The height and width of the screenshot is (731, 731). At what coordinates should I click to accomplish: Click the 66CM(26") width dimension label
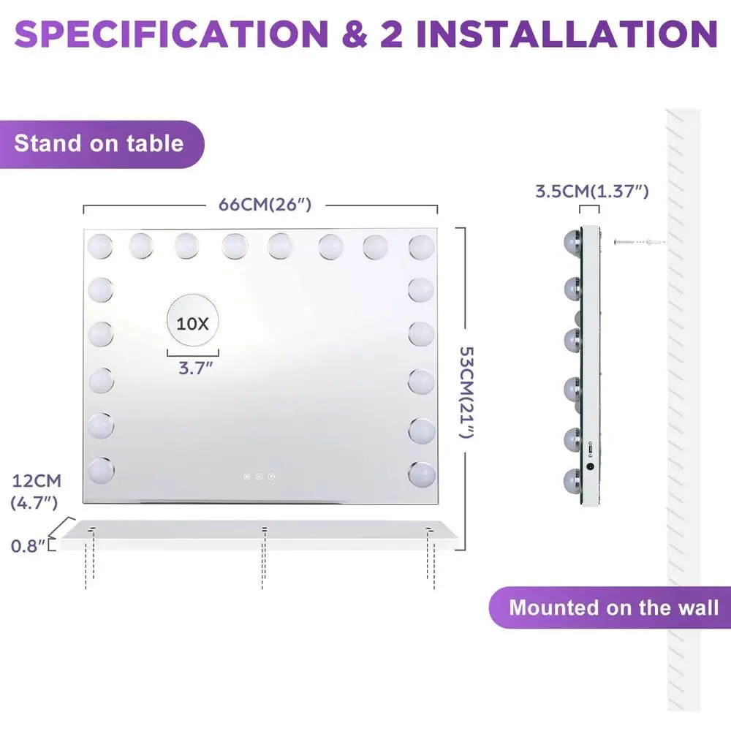click(x=265, y=205)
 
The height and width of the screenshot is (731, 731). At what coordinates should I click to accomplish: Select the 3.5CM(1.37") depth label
click(x=591, y=192)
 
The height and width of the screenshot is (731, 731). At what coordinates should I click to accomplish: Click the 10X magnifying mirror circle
click(x=192, y=322)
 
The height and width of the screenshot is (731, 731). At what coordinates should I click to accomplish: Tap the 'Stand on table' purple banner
click(x=99, y=143)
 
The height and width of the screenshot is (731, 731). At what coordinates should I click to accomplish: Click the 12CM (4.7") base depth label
click(x=37, y=491)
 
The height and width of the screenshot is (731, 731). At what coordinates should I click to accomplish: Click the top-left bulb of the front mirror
click(x=100, y=245)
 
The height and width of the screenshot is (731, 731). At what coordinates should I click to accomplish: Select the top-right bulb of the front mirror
click(x=422, y=246)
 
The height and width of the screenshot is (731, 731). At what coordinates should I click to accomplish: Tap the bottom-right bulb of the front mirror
click(x=422, y=474)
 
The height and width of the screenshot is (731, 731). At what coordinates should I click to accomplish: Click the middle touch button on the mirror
click(x=260, y=477)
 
